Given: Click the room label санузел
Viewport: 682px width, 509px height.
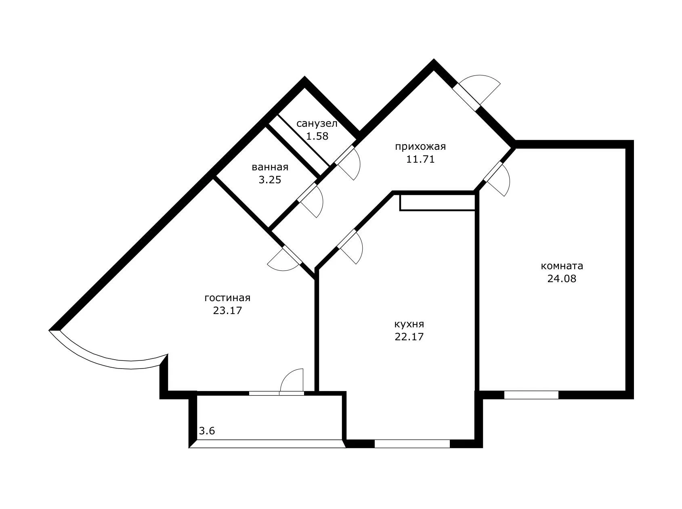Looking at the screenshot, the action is [x=317, y=124].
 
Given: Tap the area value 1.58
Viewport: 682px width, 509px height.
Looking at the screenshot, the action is [x=317, y=136].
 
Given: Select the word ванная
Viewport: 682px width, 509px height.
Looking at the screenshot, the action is [x=270, y=167].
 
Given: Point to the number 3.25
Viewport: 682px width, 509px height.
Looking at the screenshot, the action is [x=270, y=180].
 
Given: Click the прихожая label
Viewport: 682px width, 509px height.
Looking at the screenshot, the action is [x=420, y=147].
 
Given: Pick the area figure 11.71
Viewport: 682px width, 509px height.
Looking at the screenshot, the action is [x=420, y=159].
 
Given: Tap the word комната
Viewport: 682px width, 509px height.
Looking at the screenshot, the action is [x=562, y=266].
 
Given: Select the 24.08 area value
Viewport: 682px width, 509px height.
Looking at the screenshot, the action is [x=562, y=279].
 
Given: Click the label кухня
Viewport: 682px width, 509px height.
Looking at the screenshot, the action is [x=409, y=324].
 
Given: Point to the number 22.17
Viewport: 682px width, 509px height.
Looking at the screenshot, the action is [x=409, y=337].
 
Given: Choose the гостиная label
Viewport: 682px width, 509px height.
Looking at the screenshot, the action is [x=227, y=298].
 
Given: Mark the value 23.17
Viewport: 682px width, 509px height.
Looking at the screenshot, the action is [x=227, y=310].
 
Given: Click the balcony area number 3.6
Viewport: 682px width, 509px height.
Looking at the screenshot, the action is [x=207, y=431].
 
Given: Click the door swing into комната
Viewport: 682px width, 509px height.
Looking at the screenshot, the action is [x=497, y=178].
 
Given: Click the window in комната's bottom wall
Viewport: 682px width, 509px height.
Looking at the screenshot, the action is [x=531, y=395].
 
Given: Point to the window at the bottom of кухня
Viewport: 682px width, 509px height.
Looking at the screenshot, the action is [x=412, y=444].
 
